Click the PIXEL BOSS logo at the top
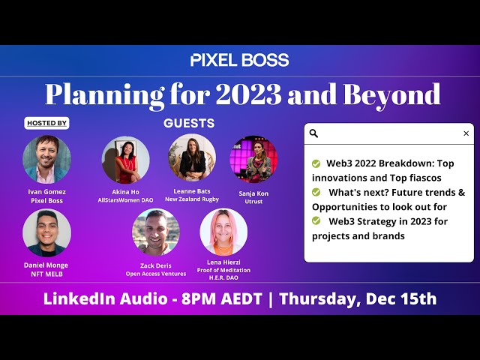click(240, 60)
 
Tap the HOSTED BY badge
click(46, 123)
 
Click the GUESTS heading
click(189, 123)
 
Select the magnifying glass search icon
click(313, 133)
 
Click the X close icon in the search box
click(466, 133)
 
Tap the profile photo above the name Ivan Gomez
click(46, 160)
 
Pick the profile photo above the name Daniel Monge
click(46, 232)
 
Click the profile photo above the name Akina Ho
click(125, 160)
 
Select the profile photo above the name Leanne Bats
click(192, 157)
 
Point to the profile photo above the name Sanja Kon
click(253, 160)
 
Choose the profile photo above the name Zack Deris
click(156, 232)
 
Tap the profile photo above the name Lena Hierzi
click(223, 232)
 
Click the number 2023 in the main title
click(248, 94)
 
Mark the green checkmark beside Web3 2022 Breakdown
click(316, 163)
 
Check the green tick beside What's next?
click(316, 192)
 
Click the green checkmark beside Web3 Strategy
click(316, 220)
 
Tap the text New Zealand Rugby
click(192, 199)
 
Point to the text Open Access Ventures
click(156, 274)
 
